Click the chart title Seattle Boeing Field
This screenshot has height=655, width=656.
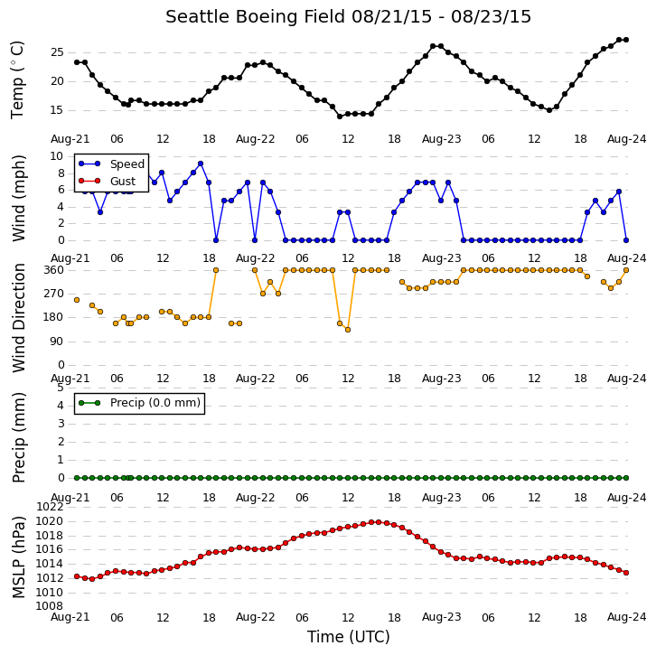[255, 17]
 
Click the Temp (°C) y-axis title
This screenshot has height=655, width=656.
[18, 80]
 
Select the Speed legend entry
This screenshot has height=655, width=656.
[111, 164]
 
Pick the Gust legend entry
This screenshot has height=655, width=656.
[108, 181]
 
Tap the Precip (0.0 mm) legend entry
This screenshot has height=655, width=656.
[139, 403]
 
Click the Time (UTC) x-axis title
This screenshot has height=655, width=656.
[349, 637]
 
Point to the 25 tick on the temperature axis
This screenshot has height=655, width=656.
[57, 52]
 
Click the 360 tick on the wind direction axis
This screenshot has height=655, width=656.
[54, 270]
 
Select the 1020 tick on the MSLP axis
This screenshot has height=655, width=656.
[50, 521]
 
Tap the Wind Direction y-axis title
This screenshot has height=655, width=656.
[19, 318]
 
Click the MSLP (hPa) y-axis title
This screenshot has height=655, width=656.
[19, 557]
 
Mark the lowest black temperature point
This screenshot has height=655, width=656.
[340, 117]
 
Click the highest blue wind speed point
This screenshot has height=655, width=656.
[201, 164]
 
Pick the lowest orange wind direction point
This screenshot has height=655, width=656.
[348, 330]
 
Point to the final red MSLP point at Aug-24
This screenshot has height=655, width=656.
[626, 573]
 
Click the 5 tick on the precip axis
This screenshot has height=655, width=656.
[61, 388]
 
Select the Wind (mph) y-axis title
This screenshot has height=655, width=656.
[19, 198]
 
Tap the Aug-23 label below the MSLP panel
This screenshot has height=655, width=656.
[441, 617]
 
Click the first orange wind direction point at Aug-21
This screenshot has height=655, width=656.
[77, 300]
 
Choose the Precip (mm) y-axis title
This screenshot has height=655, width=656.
[19, 438]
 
